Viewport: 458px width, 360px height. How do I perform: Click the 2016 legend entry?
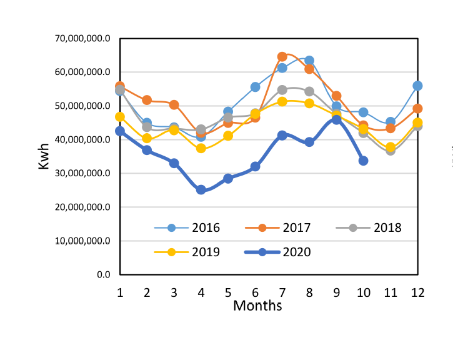point(187,227)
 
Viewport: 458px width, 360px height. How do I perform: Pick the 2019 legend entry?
point(187,252)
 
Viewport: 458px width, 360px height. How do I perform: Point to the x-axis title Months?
point(257,306)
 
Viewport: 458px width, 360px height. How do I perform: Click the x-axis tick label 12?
point(417,292)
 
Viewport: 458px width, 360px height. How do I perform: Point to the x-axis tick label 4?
point(201,292)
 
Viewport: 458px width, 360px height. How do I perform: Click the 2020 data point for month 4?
point(201,189)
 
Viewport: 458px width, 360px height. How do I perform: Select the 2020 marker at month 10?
point(363,161)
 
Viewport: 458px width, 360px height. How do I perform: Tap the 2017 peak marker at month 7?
point(282,57)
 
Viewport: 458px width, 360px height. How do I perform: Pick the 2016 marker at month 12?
point(417,86)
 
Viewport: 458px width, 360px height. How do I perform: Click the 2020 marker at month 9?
point(336,120)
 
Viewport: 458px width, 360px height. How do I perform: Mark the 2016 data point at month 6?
point(255,87)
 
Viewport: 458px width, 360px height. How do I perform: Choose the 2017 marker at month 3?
point(174,105)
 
